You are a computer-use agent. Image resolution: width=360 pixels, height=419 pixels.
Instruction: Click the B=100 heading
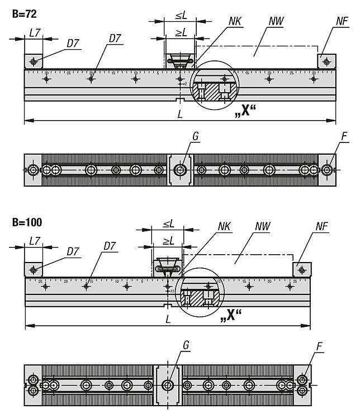click(x=27, y=222)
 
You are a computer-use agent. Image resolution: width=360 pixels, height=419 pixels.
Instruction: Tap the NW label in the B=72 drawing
click(x=275, y=22)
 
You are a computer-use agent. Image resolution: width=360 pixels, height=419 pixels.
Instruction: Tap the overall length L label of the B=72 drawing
click(x=179, y=114)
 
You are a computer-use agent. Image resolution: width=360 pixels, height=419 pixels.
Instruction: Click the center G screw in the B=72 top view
click(x=180, y=170)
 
